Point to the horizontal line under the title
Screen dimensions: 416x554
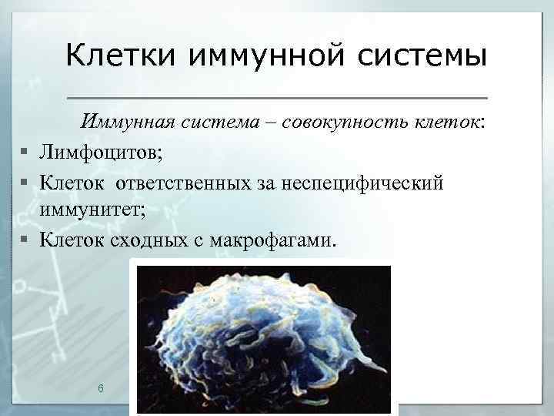tap(278, 98)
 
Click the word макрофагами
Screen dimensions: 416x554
tap(269, 240)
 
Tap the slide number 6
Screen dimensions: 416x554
tap(101, 387)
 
